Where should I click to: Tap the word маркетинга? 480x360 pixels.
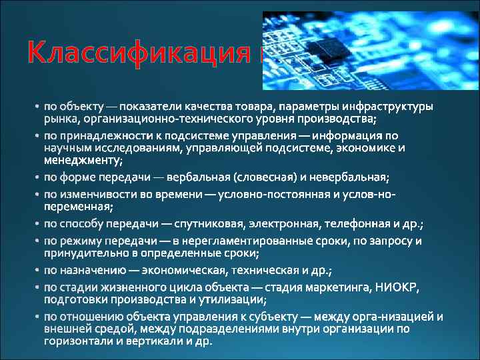(339, 287)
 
